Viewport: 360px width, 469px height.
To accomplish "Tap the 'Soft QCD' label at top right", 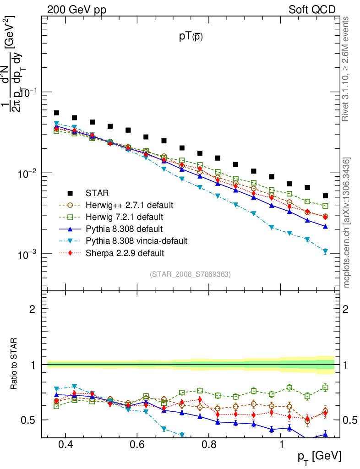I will coord(312,10).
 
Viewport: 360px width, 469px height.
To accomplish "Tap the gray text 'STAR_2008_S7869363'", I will coord(190,274).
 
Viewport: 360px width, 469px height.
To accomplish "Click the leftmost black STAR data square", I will coord(56,113).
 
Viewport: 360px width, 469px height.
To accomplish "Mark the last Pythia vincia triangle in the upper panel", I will coord(325,251).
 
